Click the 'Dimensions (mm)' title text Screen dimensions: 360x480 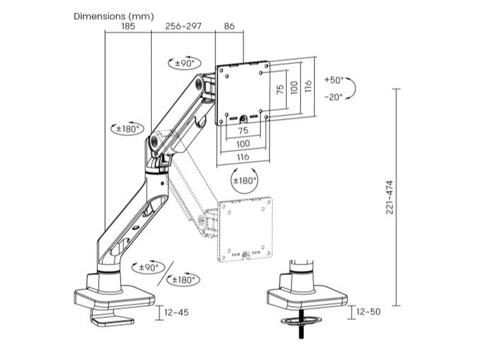[113, 16]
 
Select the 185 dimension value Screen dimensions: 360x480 [127, 27]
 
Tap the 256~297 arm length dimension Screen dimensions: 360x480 [183, 27]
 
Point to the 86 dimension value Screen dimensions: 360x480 [229, 27]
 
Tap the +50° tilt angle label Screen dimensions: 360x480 [334, 80]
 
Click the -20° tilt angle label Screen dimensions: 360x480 [334, 96]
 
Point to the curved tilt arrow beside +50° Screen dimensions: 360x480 [353, 88]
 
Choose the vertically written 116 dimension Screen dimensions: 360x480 [308, 86]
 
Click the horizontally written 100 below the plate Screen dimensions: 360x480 [243, 144]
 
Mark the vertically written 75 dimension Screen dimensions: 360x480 [280, 90]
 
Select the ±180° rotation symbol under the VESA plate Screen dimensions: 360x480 [245, 181]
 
